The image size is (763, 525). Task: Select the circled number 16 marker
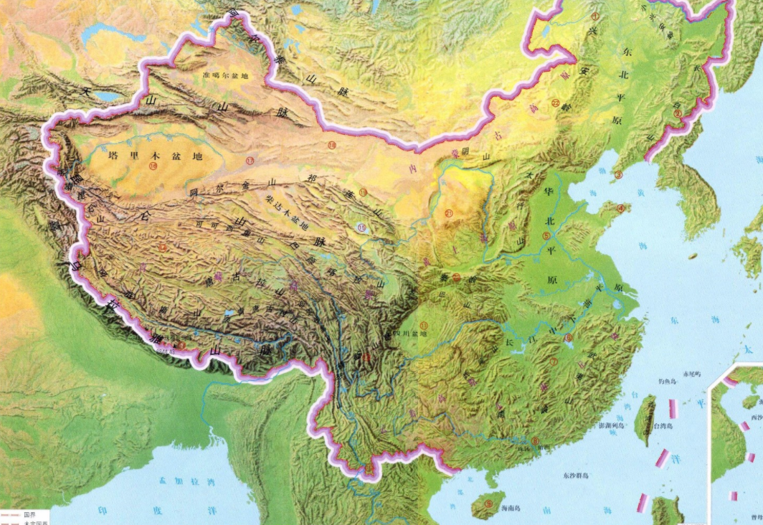click(153, 166)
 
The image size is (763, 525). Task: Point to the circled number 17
click(250, 159)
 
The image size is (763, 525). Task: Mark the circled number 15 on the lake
click(361, 227)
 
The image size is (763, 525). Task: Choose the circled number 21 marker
click(449, 213)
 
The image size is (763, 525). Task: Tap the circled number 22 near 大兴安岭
click(556, 104)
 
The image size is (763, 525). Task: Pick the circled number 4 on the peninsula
click(621, 209)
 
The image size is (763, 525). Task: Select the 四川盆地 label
click(412, 334)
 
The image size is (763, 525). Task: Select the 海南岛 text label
click(509, 508)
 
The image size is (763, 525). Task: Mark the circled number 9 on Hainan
click(488, 504)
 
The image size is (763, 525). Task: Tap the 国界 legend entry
click(29, 514)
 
